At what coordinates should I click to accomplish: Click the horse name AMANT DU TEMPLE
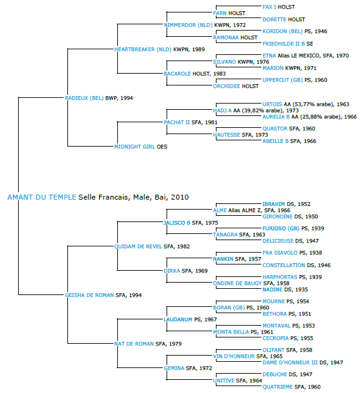pos(42,197)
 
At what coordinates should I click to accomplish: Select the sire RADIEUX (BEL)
pos(84,99)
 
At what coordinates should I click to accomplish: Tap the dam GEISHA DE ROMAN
pos(89,295)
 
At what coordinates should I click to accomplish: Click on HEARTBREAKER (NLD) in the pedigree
pos(143,50)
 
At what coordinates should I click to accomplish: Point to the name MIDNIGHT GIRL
pos(135,147)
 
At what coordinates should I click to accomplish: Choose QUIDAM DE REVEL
pos(138,246)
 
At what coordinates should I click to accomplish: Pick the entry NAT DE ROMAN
pos(134,344)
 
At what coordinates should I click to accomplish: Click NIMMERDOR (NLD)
pos(188,25)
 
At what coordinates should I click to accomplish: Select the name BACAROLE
pos(177,74)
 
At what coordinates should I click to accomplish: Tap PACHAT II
pos(177,122)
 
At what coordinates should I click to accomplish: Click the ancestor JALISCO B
pos(177,223)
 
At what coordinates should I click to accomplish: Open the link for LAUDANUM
pos(178,319)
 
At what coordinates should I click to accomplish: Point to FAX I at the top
pos(270,7)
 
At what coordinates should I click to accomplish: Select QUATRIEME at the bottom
pos(278,387)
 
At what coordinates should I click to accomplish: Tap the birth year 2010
pos(180,197)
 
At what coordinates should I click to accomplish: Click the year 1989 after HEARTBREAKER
pos(198,50)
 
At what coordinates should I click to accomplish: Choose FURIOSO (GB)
pos(281,228)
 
